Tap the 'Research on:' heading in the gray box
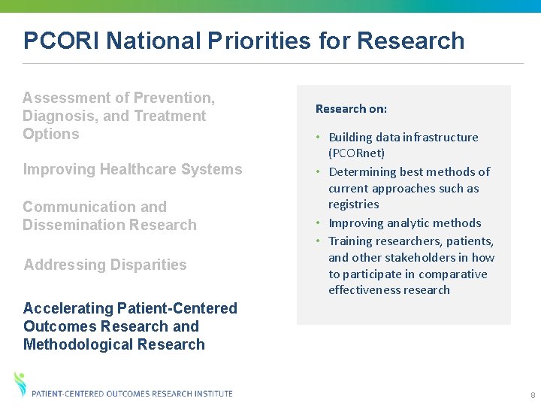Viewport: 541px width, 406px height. (351, 109)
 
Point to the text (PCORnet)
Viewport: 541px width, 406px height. (356, 153)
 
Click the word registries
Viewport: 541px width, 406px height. (353, 205)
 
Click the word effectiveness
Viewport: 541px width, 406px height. (360, 290)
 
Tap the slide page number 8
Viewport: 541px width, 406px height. (532, 395)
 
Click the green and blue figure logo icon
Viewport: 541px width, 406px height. (20, 384)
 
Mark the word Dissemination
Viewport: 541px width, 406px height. (71, 225)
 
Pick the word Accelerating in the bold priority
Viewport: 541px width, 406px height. (68, 308)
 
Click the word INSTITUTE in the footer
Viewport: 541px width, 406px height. (212, 394)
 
